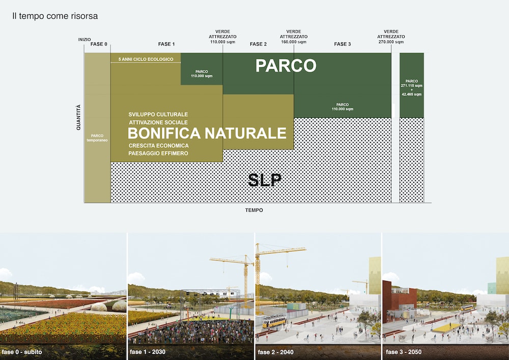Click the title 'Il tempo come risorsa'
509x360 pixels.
click(55, 16)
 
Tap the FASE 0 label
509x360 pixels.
click(99, 44)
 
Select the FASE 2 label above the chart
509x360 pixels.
click(258, 44)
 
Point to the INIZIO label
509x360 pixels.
click(84, 40)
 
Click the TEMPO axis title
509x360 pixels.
click(254, 210)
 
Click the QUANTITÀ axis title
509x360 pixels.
click(78, 117)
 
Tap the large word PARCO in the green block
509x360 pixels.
click(286, 66)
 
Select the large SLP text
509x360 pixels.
click(265, 180)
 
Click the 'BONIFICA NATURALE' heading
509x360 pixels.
click(207, 133)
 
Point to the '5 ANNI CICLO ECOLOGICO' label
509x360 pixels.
click(146, 60)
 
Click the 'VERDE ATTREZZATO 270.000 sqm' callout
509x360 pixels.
click(391, 37)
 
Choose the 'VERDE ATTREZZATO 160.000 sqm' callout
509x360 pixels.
click(294, 37)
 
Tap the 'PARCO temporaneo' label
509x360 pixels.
click(97, 138)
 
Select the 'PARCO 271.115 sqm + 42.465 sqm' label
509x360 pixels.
click(412, 88)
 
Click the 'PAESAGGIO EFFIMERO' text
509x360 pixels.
click(158, 153)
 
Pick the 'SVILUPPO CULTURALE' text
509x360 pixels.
click(158, 115)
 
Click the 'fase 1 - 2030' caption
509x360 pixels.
click(148, 352)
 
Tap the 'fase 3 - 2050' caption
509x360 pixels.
click(404, 352)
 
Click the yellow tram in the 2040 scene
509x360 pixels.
click(275, 321)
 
